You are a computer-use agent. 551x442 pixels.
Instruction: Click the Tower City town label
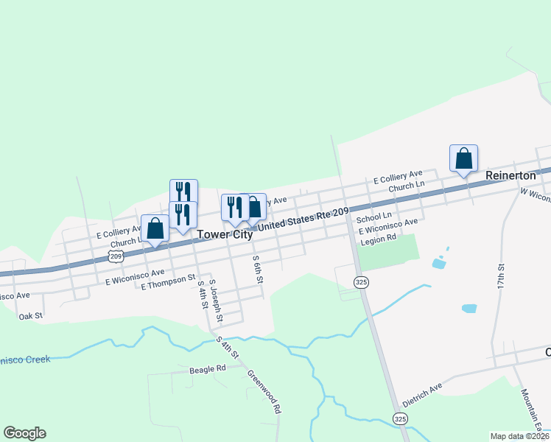tap(225, 235)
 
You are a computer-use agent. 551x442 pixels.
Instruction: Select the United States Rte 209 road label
tap(302, 219)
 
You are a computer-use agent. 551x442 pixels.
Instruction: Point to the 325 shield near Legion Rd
tap(360, 282)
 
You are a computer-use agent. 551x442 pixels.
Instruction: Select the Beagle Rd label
tap(207, 369)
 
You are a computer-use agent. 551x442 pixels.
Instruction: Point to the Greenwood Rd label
tap(264, 391)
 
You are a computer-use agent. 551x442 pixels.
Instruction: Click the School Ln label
tap(373, 218)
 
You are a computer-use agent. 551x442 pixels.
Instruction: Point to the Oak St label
tap(31, 315)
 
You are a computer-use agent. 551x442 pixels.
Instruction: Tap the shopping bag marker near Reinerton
tap(463, 159)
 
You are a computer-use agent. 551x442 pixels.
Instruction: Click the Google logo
tap(24, 433)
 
